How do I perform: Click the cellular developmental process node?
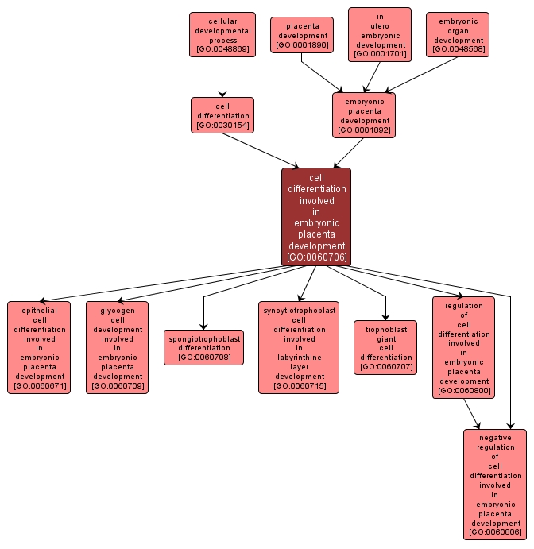click(x=222, y=34)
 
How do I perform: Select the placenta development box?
click(x=301, y=35)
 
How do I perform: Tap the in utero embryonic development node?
click(x=380, y=34)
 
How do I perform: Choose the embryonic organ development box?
click(x=459, y=34)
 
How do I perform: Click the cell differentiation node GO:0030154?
click(x=222, y=115)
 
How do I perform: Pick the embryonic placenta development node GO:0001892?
click(x=364, y=115)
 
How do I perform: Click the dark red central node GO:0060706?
click(x=316, y=216)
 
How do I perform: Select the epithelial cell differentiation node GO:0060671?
click(x=39, y=347)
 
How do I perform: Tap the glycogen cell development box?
click(x=118, y=347)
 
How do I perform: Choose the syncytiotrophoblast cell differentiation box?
click(x=299, y=347)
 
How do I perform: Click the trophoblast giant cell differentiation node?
click(x=385, y=347)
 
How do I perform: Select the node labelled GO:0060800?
click(x=463, y=347)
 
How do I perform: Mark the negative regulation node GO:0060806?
click(x=495, y=484)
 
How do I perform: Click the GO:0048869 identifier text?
click(x=222, y=50)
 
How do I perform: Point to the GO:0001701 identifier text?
click(x=380, y=54)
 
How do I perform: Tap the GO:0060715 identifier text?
click(x=299, y=385)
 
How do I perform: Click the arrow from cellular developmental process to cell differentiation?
click(x=222, y=77)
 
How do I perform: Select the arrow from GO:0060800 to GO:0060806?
click(x=472, y=413)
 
